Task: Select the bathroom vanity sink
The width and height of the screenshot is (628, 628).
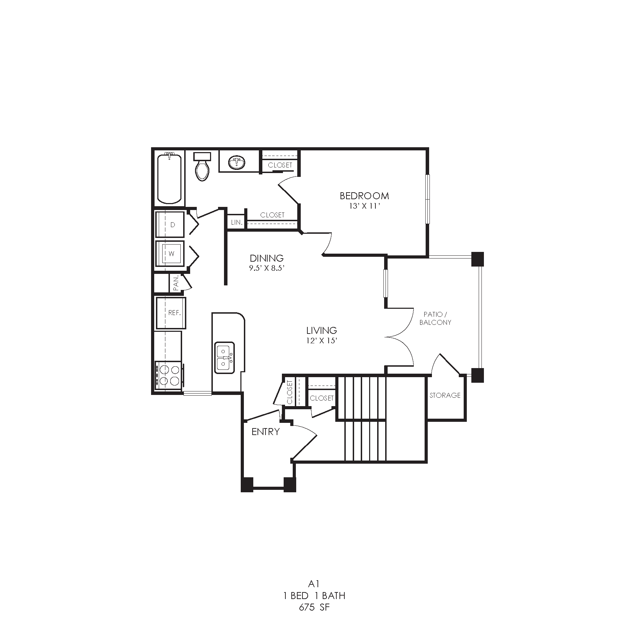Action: tap(237, 162)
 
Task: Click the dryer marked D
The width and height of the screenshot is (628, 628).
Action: tap(170, 225)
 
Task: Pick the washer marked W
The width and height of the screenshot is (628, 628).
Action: tap(170, 254)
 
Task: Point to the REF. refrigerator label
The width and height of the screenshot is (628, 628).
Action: tap(175, 313)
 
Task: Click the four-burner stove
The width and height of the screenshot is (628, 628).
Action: tap(168, 375)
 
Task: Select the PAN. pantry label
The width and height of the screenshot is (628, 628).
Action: tap(176, 283)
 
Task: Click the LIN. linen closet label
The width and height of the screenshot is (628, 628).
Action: tap(237, 222)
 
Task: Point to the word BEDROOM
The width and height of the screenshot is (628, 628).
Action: tap(364, 196)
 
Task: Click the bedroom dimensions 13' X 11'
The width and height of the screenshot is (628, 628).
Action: tap(364, 206)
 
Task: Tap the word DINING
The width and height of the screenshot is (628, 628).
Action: tap(267, 258)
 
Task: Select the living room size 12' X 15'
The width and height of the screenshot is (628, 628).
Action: tap(321, 341)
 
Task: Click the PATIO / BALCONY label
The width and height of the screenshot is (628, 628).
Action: tap(435, 319)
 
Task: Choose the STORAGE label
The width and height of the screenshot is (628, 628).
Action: tap(445, 395)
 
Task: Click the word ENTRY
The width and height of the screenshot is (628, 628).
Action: tap(266, 432)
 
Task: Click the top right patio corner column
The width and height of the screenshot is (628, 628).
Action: tap(478, 259)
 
